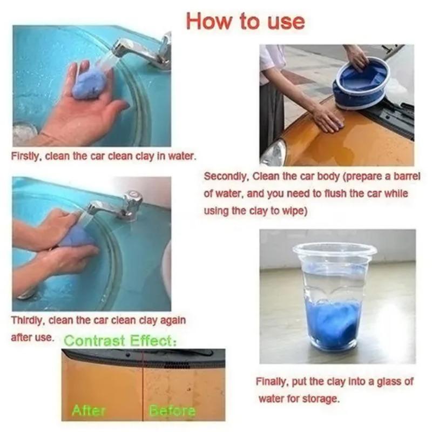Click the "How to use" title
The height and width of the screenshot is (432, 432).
(246, 21)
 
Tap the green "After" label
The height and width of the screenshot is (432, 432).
(89, 411)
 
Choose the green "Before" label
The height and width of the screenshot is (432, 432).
(172, 411)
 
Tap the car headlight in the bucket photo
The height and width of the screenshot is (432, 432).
(273, 154)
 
